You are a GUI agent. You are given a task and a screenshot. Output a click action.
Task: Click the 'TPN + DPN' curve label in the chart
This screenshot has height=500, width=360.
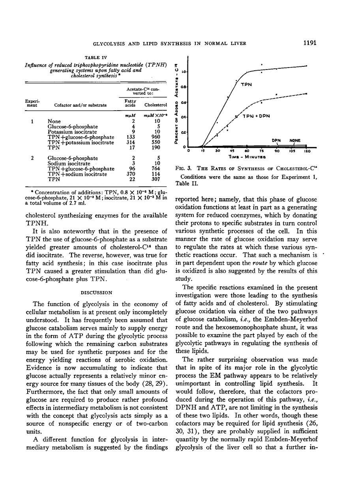click(x=256, y=117)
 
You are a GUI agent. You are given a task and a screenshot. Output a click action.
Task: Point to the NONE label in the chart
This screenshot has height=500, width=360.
click(x=295, y=140)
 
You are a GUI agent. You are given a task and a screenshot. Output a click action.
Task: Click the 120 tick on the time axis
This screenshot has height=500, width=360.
click(x=307, y=151)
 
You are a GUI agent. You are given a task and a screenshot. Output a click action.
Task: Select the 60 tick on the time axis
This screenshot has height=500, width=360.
click(x=247, y=151)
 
